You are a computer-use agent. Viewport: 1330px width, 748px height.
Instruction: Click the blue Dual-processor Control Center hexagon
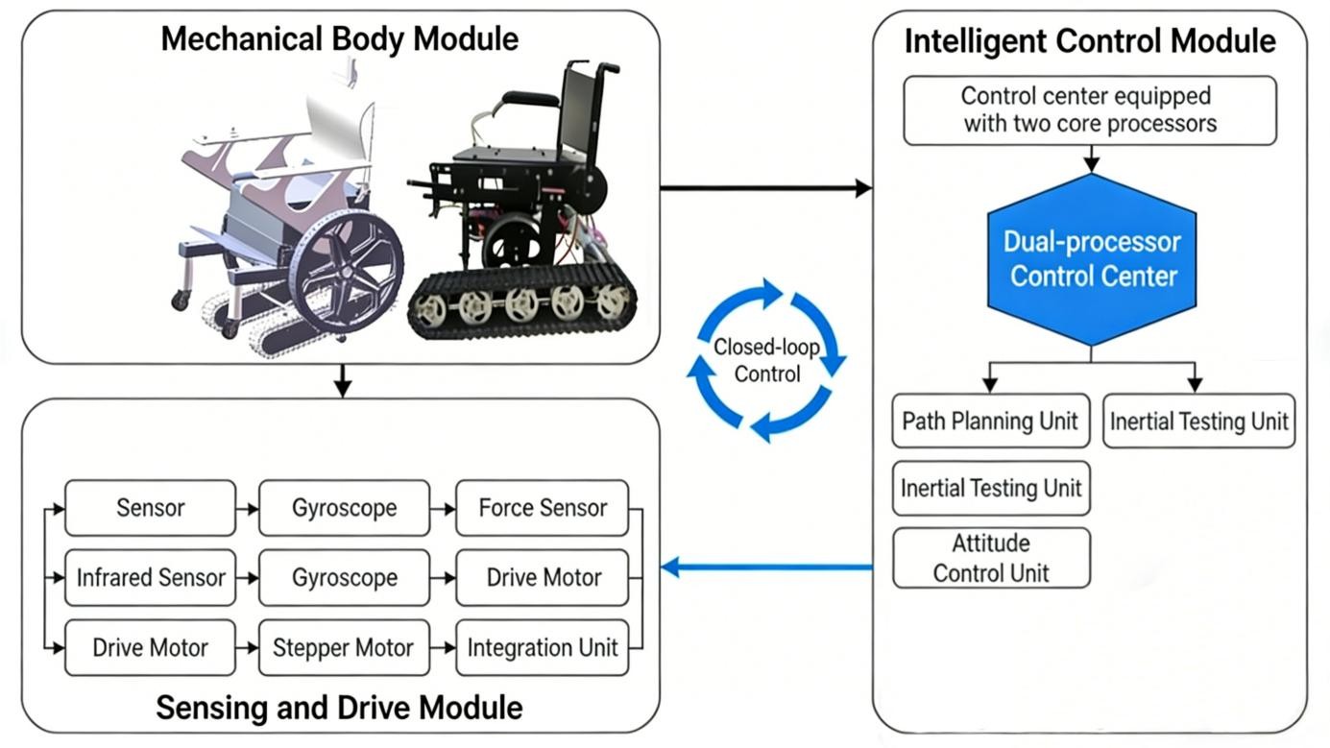pyautogui.click(x=1092, y=258)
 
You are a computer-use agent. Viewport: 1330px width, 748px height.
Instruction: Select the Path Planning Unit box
pyautogui.click(x=990, y=421)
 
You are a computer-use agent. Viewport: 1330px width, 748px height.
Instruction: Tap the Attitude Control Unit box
pyautogui.click(x=991, y=558)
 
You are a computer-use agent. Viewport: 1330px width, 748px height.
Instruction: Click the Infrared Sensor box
pyautogui.click(x=150, y=577)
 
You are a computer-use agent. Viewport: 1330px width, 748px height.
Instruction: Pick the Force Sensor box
pyautogui.click(x=543, y=508)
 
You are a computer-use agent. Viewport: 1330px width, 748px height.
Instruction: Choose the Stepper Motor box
pyautogui.click(x=343, y=647)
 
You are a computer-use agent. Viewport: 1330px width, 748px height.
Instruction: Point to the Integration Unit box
pyautogui.click(x=543, y=647)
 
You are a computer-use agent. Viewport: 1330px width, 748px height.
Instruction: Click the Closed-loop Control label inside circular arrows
pyautogui.click(x=766, y=360)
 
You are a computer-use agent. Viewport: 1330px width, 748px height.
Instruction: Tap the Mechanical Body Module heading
pyautogui.click(x=340, y=39)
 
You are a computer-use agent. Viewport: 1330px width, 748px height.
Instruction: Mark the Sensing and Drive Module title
pyautogui.click(x=339, y=708)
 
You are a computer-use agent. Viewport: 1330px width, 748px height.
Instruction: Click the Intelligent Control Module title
pyautogui.click(x=1090, y=41)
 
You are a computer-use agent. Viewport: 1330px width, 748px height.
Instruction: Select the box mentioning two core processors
pyautogui.click(x=1090, y=110)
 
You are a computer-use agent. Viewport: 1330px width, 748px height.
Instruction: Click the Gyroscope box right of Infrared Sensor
pyautogui.click(x=344, y=577)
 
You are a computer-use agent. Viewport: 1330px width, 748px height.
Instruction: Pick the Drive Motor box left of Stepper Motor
pyautogui.click(x=150, y=647)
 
